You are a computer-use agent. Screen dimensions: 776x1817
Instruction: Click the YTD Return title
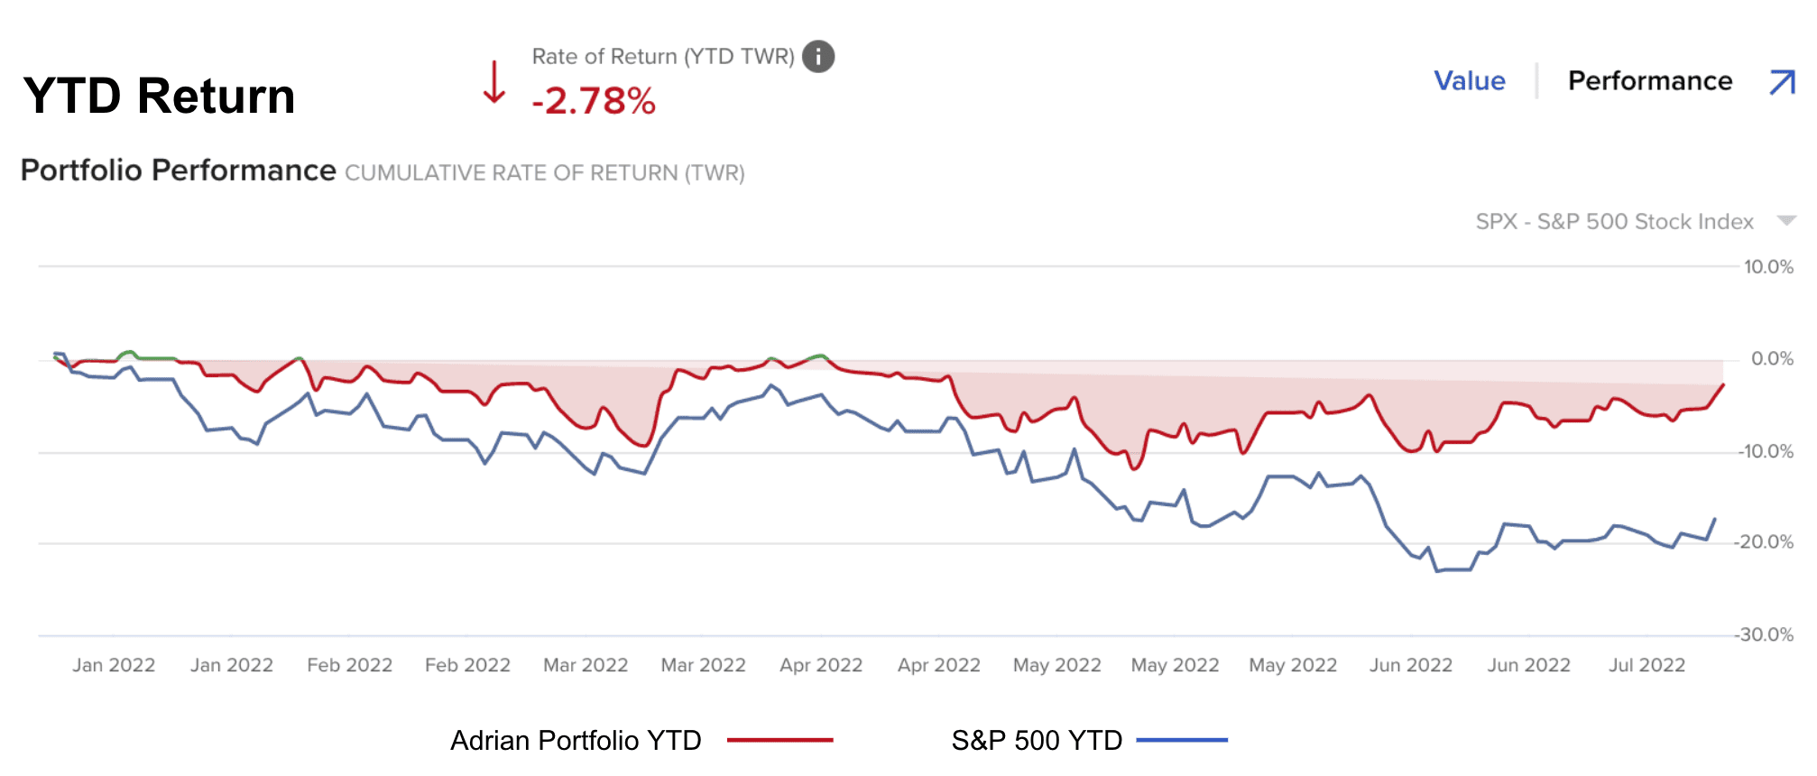[159, 96]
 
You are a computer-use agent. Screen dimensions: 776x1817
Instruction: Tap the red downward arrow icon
[493, 82]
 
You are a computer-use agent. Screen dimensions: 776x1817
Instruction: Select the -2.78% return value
[594, 101]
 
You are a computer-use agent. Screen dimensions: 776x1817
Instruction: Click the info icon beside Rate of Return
[818, 57]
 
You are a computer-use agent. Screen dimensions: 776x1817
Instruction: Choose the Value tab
[1470, 81]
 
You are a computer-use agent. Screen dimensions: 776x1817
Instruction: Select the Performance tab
[1650, 81]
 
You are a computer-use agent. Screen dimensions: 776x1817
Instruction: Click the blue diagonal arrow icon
[1782, 82]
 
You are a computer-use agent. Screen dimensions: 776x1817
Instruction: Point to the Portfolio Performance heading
[178, 171]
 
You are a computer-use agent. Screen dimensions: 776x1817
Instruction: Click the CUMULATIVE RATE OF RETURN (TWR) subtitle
[545, 173]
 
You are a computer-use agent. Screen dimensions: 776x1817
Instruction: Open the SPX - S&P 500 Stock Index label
[1614, 222]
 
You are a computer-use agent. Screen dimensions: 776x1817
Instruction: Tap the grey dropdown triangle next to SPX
[1786, 221]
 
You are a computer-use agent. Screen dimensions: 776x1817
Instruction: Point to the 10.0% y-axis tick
[1768, 267]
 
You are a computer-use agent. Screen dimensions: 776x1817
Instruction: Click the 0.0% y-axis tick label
[1772, 359]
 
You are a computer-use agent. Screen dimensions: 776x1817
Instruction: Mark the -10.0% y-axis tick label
[1766, 452]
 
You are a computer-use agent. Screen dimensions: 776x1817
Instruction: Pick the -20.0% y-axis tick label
[1765, 542]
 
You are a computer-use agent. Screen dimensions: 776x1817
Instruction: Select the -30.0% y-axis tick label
[1765, 635]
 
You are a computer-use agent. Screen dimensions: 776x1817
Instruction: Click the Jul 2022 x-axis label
[1646, 666]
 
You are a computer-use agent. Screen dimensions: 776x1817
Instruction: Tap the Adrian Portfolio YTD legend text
[576, 741]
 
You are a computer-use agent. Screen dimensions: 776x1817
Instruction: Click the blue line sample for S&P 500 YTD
[1182, 740]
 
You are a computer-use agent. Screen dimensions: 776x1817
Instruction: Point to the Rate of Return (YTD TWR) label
[663, 57]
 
